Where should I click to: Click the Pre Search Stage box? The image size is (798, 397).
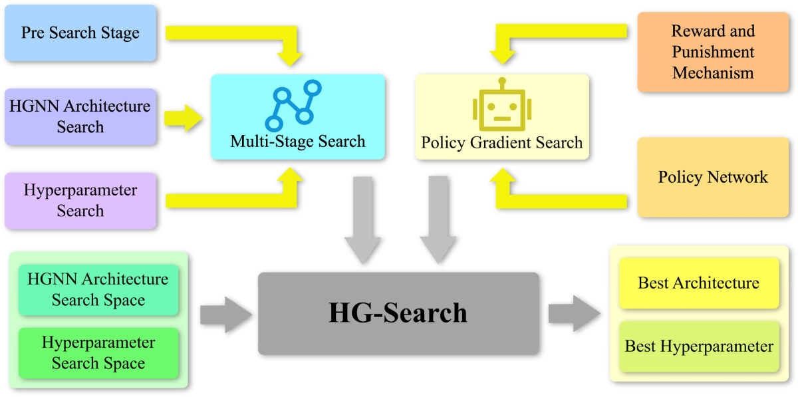[80, 33]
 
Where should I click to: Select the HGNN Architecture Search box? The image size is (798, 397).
[80, 116]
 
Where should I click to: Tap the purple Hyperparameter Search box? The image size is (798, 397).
[80, 200]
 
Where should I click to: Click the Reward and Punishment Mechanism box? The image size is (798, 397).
[713, 52]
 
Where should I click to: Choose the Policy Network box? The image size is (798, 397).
[713, 177]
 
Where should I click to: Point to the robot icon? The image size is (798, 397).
[502, 106]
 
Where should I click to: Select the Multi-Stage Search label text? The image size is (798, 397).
[298, 141]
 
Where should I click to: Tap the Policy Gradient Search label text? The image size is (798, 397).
[502, 142]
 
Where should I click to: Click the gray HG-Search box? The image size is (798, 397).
[398, 313]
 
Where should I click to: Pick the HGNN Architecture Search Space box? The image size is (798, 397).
[98, 289]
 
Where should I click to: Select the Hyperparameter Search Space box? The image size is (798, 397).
[98, 353]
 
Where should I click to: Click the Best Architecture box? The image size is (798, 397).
[698, 283]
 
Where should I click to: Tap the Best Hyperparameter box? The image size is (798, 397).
[698, 346]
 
